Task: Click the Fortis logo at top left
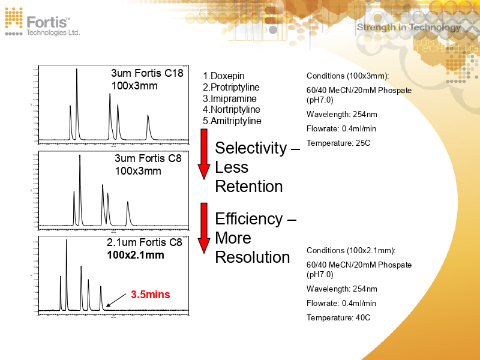42,23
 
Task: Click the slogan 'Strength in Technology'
409,27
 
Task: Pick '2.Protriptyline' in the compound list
231,88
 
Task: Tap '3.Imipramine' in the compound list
229,98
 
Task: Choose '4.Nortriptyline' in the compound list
231,110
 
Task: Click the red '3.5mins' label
151,295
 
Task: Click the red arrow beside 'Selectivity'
204,157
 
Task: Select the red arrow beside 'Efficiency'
204,228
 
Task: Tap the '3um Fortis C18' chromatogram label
147,74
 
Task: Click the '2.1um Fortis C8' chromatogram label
144,243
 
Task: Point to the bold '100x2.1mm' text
136,255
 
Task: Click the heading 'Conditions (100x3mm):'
347,76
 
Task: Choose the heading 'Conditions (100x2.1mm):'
351,251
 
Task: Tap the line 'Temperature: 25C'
338,143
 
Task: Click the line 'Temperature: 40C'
338,317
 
